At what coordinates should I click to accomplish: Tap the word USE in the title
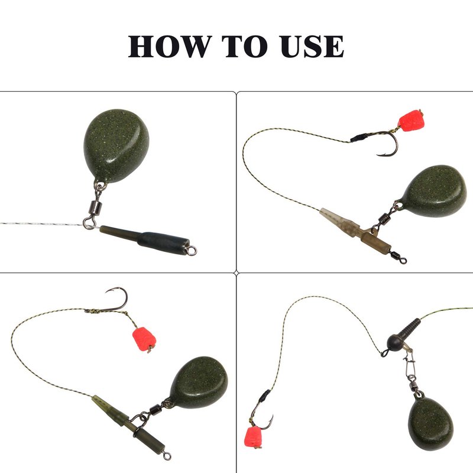click(312, 46)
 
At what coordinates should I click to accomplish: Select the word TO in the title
click(245, 46)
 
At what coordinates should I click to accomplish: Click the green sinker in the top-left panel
click(116, 145)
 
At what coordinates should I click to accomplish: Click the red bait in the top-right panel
click(410, 119)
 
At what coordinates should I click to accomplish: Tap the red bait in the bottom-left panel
click(144, 339)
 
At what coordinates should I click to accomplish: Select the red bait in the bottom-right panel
click(253, 438)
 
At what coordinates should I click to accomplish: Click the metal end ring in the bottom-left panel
click(167, 456)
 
